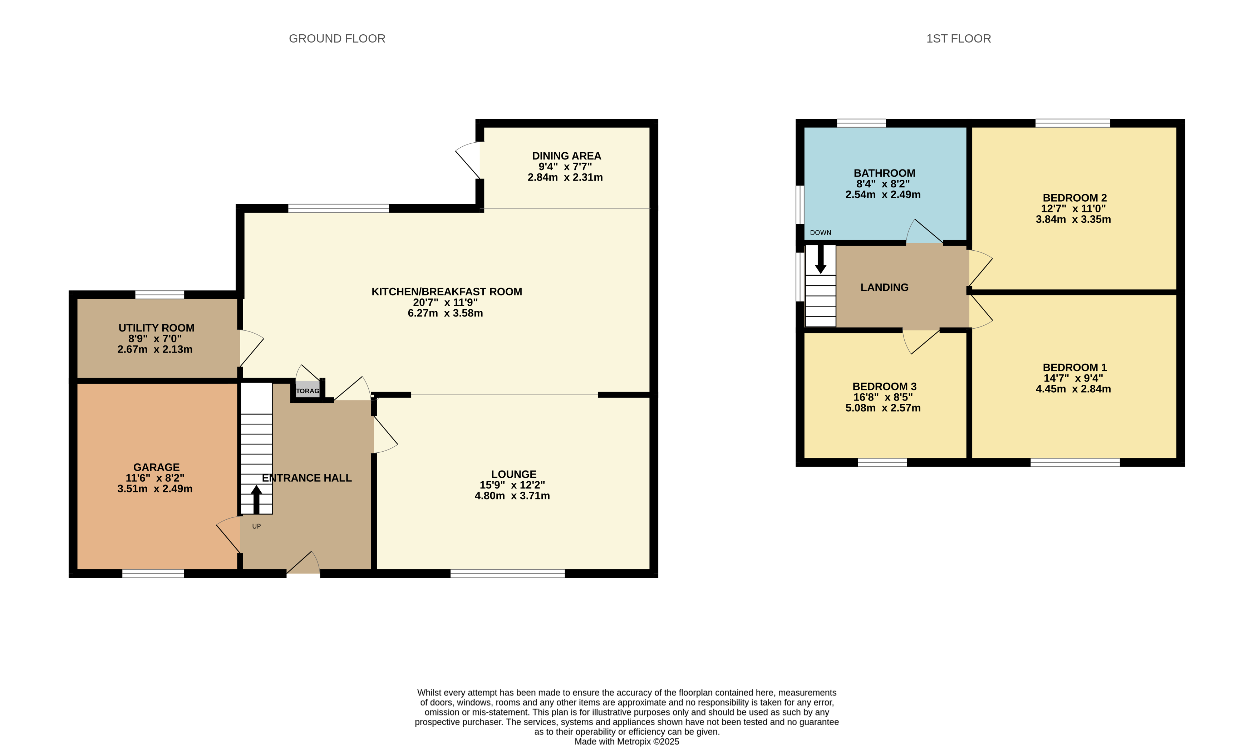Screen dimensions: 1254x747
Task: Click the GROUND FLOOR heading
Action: pos(337,39)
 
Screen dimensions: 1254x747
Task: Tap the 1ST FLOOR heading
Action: pos(959,39)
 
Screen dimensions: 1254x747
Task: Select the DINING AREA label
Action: pos(567,156)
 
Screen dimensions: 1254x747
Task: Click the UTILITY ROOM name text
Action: pos(157,328)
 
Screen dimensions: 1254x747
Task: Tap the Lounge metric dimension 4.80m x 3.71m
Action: pos(512,496)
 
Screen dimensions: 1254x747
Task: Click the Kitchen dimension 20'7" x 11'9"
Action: pos(445,303)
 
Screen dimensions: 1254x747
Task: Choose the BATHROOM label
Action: pos(885,173)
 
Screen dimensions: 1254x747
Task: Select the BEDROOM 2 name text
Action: pos(1075,198)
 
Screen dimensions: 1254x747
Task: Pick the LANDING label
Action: pos(885,288)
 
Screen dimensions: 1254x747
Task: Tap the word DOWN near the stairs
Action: pos(821,232)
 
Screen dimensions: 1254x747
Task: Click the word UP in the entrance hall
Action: pos(257,526)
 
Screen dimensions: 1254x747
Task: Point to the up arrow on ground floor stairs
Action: pos(256,499)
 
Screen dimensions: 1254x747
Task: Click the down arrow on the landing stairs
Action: pos(821,259)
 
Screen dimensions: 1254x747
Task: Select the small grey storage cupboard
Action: pos(308,390)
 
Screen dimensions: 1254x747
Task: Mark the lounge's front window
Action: pos(508,573)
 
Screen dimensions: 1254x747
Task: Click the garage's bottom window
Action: pos(153,573)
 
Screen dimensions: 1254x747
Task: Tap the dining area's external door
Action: pos(468,160)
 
